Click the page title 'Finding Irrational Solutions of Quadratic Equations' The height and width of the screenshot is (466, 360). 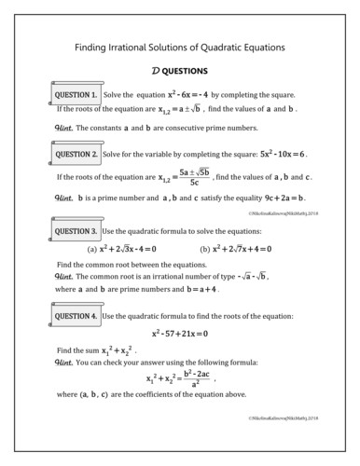[x=180, y=47]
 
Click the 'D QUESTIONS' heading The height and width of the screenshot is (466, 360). [x=180, y=71]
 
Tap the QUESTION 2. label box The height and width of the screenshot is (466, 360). [x=75, y=154]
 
